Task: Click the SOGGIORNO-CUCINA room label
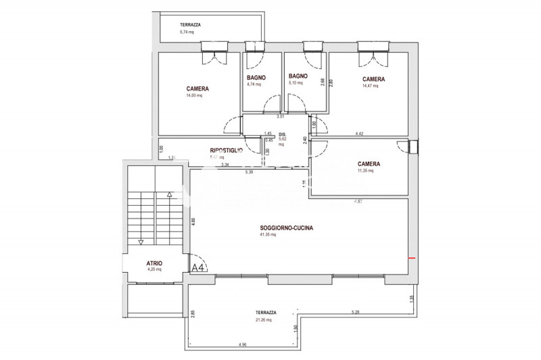click(x=286, y=228)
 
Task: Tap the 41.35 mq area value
click(x=268, y=235)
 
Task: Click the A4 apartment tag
click(x=199, y=268)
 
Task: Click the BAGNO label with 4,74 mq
click(x=256, y=78)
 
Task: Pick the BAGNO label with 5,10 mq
click(x=298, y=76)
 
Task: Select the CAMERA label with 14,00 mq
click(x=197, y=89)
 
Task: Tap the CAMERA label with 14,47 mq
click(x=373, y=79)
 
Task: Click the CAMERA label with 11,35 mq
click(x=369, y=164)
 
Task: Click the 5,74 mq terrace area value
click(x=187, y=32)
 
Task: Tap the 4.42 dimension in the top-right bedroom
click(x=359, y=134)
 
